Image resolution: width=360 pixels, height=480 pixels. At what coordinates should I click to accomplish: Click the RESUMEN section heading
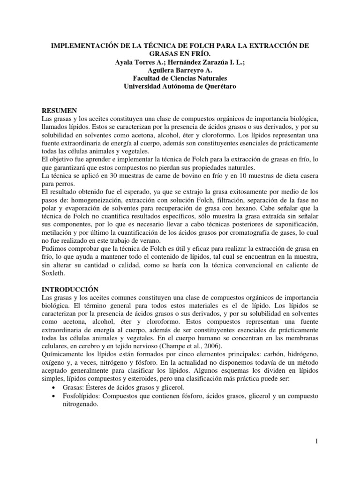[x=60, y=110]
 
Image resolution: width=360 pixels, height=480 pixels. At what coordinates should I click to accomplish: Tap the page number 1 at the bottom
[x=317, y=441]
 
